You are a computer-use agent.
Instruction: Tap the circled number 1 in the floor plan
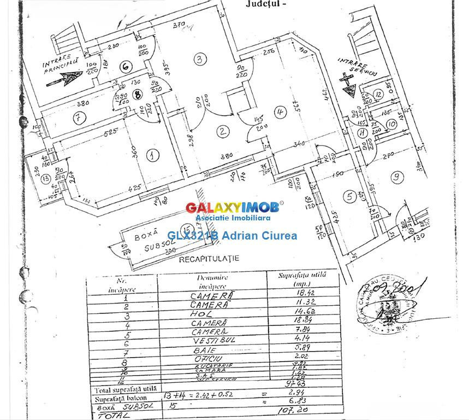153,155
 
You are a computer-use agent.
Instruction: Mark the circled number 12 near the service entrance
378,94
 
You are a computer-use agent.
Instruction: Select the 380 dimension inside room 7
68,104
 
